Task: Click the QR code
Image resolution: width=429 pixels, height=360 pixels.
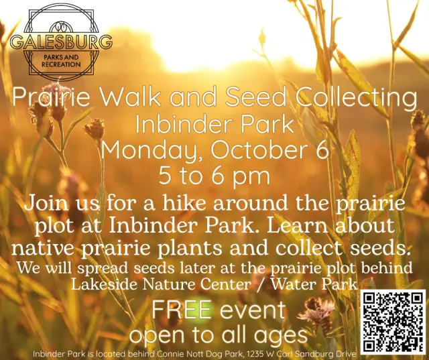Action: click(393, 321)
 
